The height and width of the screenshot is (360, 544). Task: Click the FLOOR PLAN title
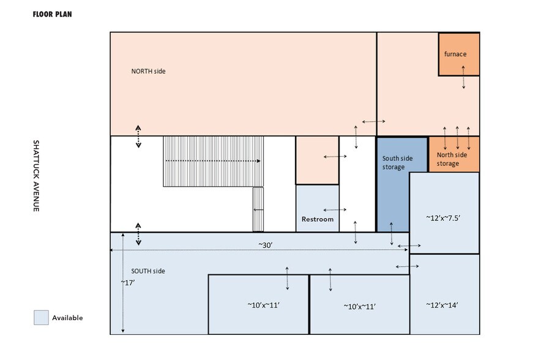(52, 13)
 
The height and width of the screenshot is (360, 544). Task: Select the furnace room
(458, 54)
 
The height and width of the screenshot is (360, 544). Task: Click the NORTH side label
(148, 71)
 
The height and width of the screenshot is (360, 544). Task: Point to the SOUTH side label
(148, 271)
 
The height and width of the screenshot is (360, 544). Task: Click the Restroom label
(318, 219)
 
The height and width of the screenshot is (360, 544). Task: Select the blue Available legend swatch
(41, 318)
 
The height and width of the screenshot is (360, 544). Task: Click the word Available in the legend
(67, 318)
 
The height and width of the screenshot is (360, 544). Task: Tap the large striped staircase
(212, 160)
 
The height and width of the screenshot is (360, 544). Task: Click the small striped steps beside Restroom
(258, 209)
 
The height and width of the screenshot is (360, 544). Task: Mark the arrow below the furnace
(463, 77)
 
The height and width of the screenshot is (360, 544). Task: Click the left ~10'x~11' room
(258, 304)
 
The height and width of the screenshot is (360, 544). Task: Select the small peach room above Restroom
(317, 160)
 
